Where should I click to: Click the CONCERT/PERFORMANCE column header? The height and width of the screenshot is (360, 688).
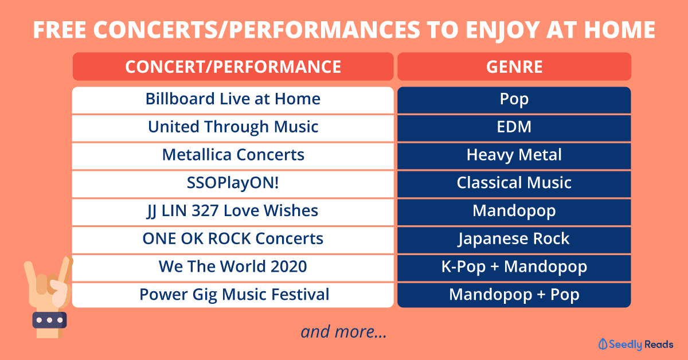233,66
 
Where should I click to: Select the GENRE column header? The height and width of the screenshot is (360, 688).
514,66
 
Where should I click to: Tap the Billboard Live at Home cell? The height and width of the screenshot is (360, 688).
233,100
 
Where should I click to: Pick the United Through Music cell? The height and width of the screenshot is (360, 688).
233,128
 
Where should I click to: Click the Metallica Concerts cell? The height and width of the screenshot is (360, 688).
233,156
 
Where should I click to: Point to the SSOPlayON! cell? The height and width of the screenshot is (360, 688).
233,184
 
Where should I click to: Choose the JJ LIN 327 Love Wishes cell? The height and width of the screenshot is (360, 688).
233,212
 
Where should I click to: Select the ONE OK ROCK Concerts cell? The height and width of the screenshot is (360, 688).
233,240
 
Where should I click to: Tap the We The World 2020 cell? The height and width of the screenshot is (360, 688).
233,268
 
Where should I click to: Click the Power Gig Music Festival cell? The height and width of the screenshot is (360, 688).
233,295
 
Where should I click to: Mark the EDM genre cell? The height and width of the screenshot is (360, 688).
514,128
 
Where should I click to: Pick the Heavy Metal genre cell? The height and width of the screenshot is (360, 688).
514,156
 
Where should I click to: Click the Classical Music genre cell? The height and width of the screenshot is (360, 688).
514,184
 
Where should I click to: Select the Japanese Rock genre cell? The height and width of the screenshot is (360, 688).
514,240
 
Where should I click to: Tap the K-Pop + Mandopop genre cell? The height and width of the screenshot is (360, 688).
514,268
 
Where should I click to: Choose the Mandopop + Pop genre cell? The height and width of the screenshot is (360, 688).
514,295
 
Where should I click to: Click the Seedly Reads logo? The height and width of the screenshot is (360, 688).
636,345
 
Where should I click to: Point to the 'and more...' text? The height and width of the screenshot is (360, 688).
343,332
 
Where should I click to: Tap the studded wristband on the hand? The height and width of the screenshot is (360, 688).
49,320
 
